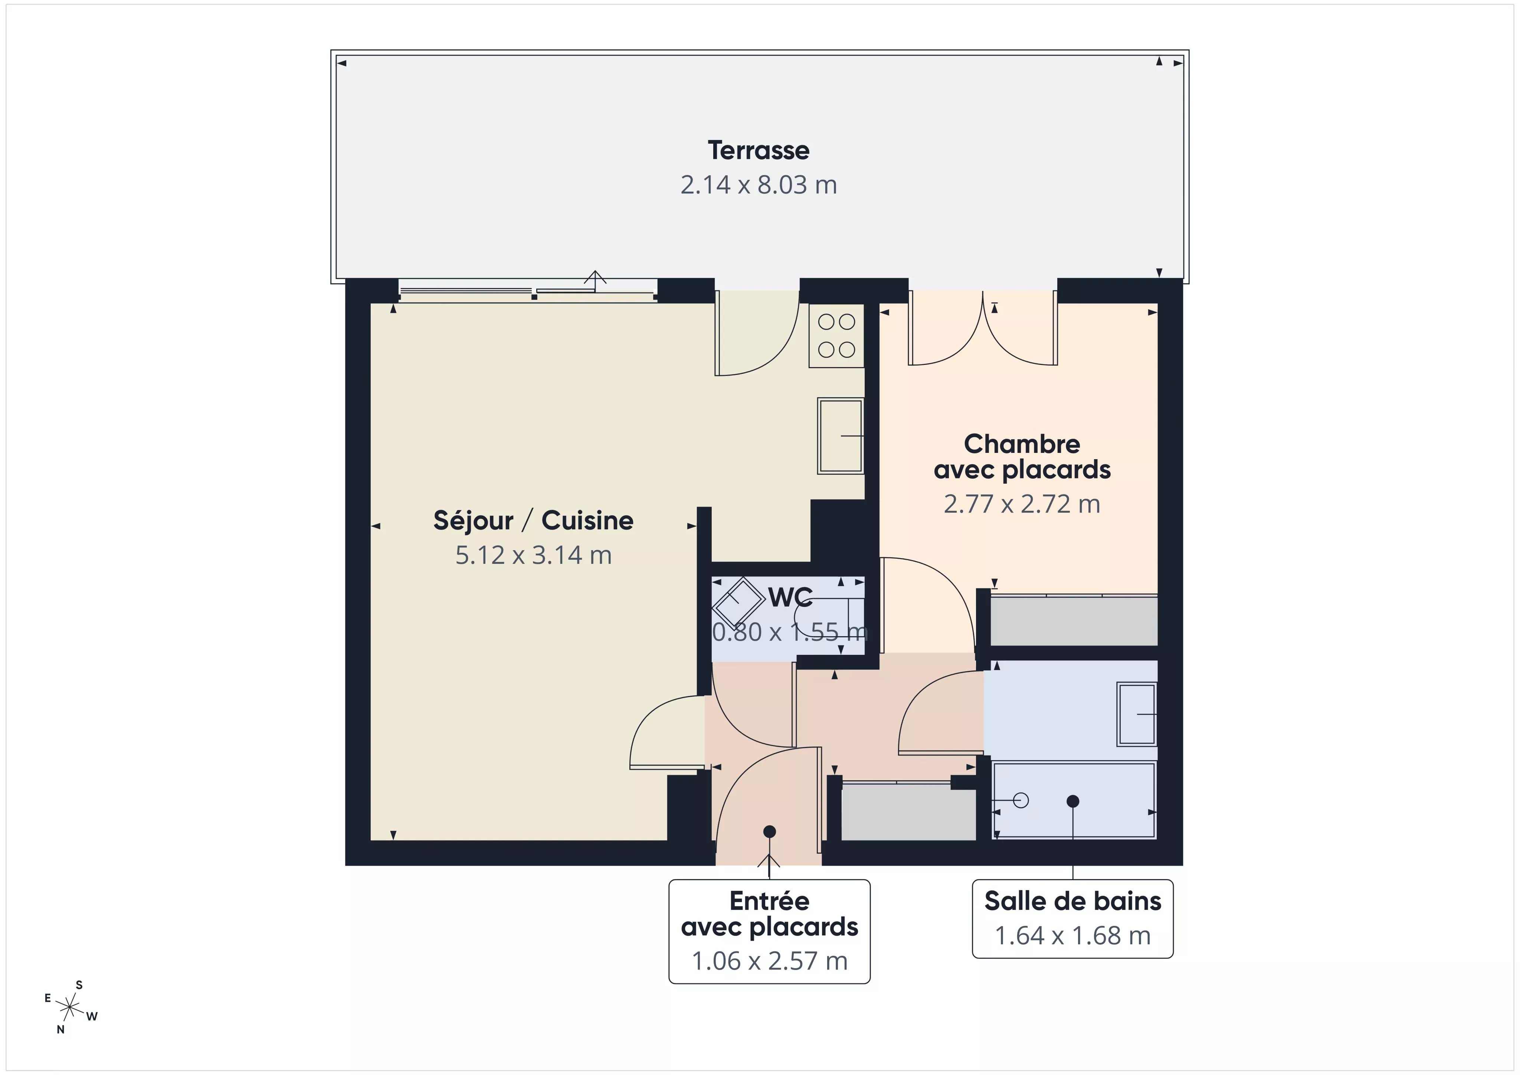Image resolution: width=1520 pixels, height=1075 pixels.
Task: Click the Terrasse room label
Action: [758, 150]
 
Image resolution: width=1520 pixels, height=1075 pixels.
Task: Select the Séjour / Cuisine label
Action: [533, 520]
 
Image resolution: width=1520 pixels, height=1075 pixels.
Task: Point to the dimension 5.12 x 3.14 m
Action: [533, 555]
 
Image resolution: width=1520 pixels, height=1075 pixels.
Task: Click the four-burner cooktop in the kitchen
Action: [836, 336]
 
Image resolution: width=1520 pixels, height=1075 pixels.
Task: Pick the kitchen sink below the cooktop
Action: [840, 435]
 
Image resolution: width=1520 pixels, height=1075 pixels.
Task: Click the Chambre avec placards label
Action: [1022, 456]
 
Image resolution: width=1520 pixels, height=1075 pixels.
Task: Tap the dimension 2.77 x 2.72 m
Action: [1022, 504]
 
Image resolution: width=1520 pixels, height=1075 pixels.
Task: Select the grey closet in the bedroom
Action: [1073, 621]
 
